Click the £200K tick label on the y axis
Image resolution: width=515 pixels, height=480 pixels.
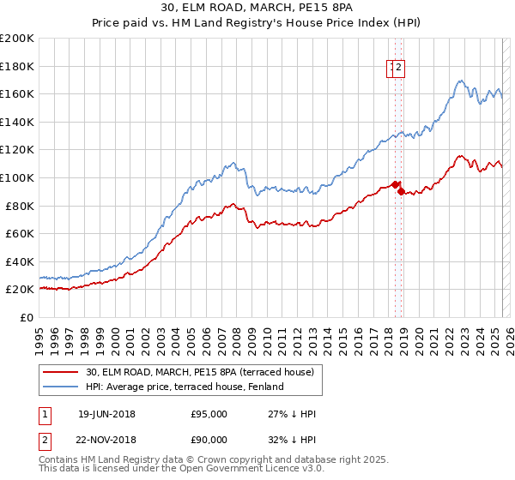tap(17, 39)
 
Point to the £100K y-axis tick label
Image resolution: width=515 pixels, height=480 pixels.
tap(17, 177)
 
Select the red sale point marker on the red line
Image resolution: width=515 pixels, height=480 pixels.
tap(395, 184)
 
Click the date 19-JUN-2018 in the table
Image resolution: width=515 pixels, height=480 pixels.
tap(106, 414)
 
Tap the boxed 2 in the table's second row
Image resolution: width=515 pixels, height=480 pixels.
tap(45, 442)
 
